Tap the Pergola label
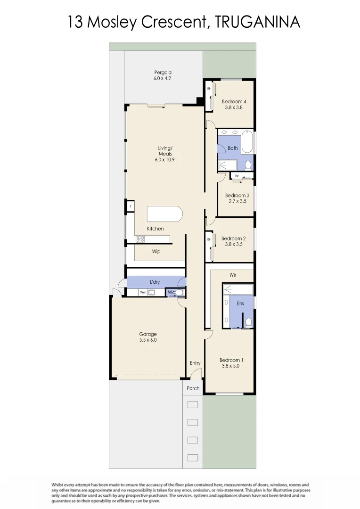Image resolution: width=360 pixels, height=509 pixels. click(x=162, y=73)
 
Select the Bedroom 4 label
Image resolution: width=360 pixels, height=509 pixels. click(x=234, y=101)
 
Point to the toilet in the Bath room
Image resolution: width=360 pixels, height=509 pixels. click(x=248, y=165)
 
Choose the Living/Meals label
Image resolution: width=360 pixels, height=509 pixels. click(x=165, y=151)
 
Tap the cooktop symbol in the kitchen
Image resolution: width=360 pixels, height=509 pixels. click(x=140, y=239)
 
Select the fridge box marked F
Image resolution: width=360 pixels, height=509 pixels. click(x=130, y=206)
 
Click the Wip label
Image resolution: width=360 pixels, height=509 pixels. click(x=156, y=252)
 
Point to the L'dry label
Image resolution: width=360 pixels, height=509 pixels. click(x=155, y=282)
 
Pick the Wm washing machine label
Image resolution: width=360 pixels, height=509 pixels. click(x=143, y=293)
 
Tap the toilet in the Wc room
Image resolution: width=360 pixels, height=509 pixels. click(x=179, y=293)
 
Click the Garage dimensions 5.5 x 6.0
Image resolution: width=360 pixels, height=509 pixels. click(x=147, y=340)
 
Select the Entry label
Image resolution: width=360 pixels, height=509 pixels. click(x=195, y=363)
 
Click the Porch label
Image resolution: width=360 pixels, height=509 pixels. click(x=193, y=388)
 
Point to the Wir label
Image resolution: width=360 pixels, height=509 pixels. click(x=233, y=275)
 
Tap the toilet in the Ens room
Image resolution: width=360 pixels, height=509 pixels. click(x=248, y=322)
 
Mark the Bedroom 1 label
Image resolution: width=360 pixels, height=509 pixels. click(x=231, y=361)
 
